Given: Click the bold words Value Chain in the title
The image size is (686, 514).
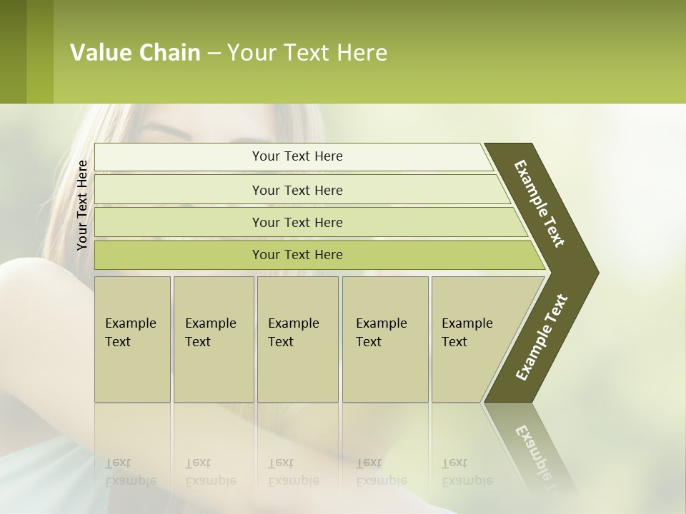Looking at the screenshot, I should [135, 53].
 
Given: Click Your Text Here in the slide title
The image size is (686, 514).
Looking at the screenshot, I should [307, 53].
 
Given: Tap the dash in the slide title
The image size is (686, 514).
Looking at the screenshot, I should [214, 54].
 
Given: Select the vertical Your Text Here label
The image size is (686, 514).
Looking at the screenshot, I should [83, 206].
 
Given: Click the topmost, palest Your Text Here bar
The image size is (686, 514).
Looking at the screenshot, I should [297, 156].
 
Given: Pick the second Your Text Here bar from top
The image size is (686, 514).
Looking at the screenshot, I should [297, 190].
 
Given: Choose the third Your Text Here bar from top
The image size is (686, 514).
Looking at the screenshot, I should [297, 222].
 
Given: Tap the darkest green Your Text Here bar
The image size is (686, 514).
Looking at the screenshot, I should [297, 255].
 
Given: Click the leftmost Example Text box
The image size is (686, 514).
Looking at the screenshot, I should [132, 339].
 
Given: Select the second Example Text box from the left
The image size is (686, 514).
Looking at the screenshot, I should [213, 339].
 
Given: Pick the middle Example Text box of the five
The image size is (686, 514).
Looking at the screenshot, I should [297, 339].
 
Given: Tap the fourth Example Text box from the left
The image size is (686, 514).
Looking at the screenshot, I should [384, 339].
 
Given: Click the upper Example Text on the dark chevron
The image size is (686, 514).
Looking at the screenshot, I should [540, 203].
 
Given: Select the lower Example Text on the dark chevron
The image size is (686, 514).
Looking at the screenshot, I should [542, 337].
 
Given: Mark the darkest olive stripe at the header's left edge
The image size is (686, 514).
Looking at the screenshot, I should [13, 51].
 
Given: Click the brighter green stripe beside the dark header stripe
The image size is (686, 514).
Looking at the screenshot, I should [40, 51].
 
